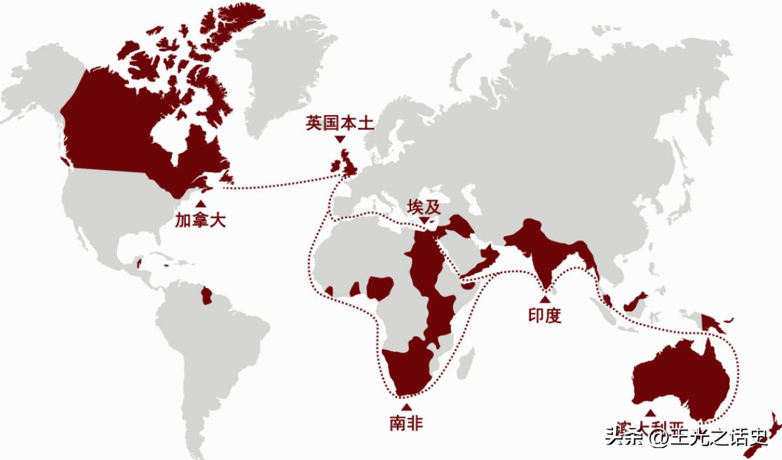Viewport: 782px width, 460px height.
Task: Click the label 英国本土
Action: pos(340,124)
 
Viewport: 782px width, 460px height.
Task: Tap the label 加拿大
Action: pos(201,221)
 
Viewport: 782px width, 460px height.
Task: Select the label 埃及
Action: pos(424,207)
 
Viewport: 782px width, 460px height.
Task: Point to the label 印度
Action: pos(545,315)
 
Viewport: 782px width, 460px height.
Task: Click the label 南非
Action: pos(406,423)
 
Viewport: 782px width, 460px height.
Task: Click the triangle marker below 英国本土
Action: pos(340,140)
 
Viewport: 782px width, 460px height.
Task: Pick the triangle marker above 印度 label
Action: pos(545,299)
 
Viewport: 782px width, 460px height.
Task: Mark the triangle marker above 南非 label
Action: pos(406,407)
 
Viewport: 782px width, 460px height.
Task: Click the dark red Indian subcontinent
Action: pos(544,253)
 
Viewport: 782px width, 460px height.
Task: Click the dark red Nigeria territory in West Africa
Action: pos(381,287)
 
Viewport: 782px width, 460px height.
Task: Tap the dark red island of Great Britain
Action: pos(349,166)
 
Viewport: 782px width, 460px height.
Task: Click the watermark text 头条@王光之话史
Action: pos(687,439)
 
